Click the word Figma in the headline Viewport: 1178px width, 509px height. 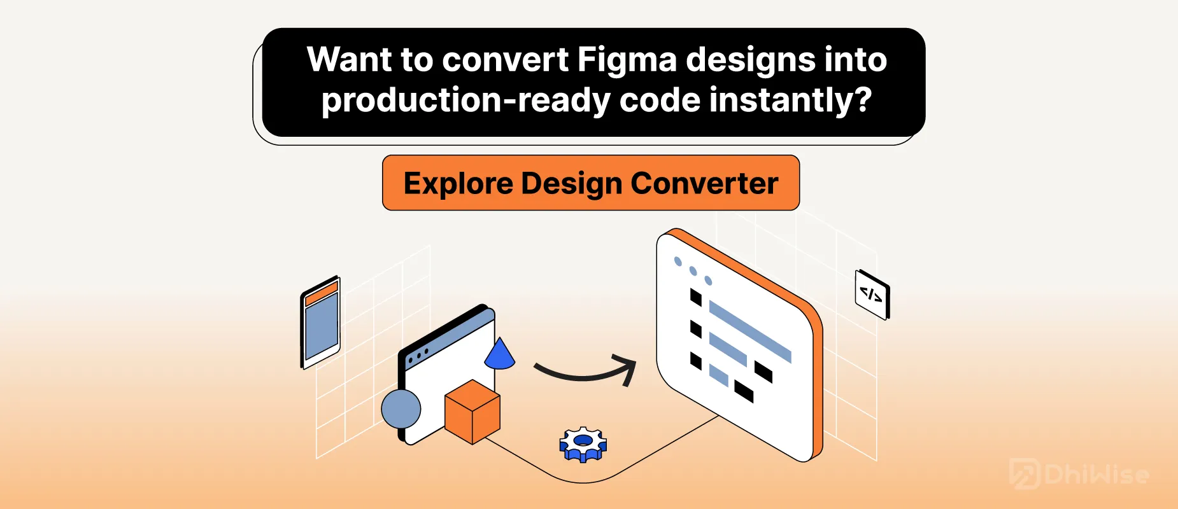[x=627, y=60]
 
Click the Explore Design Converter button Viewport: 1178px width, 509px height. [x=591, y=183]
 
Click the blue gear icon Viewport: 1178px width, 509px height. [x=583, y=444]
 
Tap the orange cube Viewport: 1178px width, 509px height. [x=472, y=412]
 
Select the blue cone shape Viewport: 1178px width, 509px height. [x=499, y=354]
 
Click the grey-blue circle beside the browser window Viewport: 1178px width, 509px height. [x=401, y=408]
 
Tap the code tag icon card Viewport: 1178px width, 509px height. [x=872, y=295]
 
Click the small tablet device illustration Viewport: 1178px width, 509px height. [x=320, y=323]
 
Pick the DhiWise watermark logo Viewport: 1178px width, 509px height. [x=1079, y=474]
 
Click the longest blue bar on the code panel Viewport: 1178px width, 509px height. [x=750, y=331]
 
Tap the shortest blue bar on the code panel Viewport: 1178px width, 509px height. [x=719, y=375]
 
